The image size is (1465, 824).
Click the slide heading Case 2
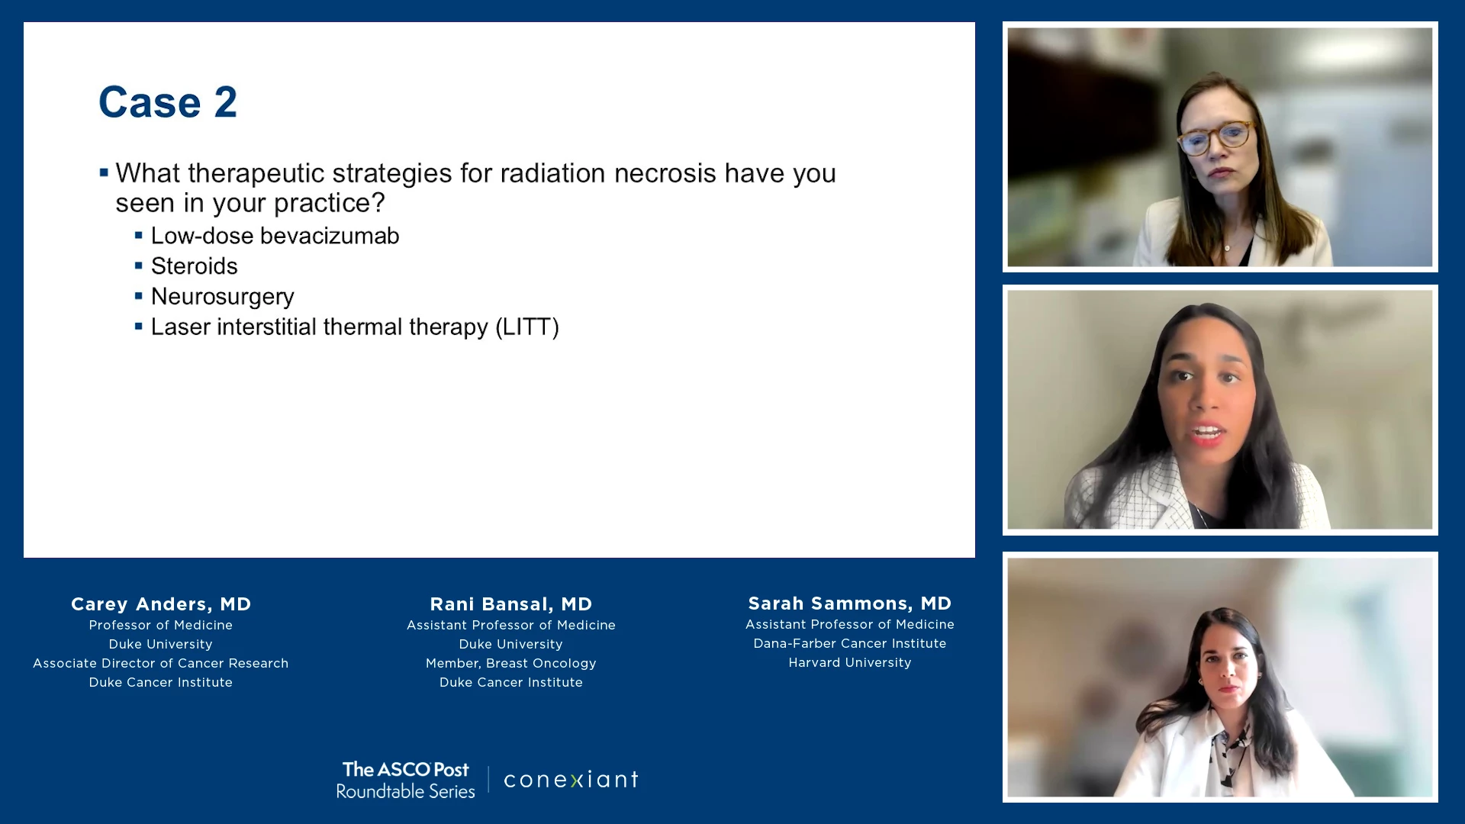tap(168, 102)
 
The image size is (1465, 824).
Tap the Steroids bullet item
tap(195, 266)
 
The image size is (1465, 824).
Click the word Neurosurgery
tap(223, 297)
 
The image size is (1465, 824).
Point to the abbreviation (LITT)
tap(527, 327)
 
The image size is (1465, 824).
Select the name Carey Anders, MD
tap(161, 604)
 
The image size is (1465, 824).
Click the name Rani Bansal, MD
tap(511, 604)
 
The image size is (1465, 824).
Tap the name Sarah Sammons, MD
tap(850, 604)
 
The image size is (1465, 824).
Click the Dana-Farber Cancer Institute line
tap(850, 644)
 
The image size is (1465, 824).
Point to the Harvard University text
tap(850, 663)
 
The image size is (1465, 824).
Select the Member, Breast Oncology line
tap(511, 664)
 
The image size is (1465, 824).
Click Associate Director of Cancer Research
tap(161, 664)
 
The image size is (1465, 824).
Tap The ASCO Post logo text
tap(406, 770)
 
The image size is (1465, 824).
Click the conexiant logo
tap(572, 780)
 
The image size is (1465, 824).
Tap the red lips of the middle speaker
tap(1209, 434)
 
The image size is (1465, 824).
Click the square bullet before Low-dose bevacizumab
tap(139, 236)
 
